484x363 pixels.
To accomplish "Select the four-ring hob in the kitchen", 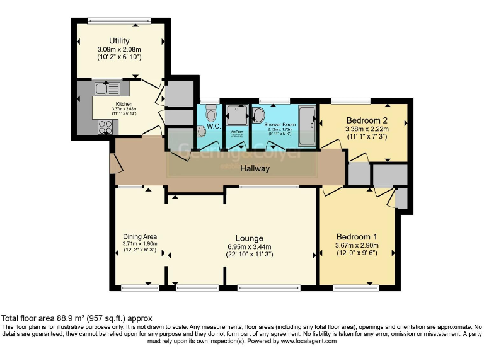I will tap(103, 126).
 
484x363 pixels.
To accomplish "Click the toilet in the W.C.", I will tap(211, 113).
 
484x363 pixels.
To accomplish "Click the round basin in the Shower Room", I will tap(259, 114).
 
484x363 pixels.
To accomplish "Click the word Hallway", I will tap(255, 168).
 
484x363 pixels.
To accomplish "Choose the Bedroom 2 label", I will tap(365, 120).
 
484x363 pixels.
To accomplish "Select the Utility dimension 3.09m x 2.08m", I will tap(119, 50).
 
